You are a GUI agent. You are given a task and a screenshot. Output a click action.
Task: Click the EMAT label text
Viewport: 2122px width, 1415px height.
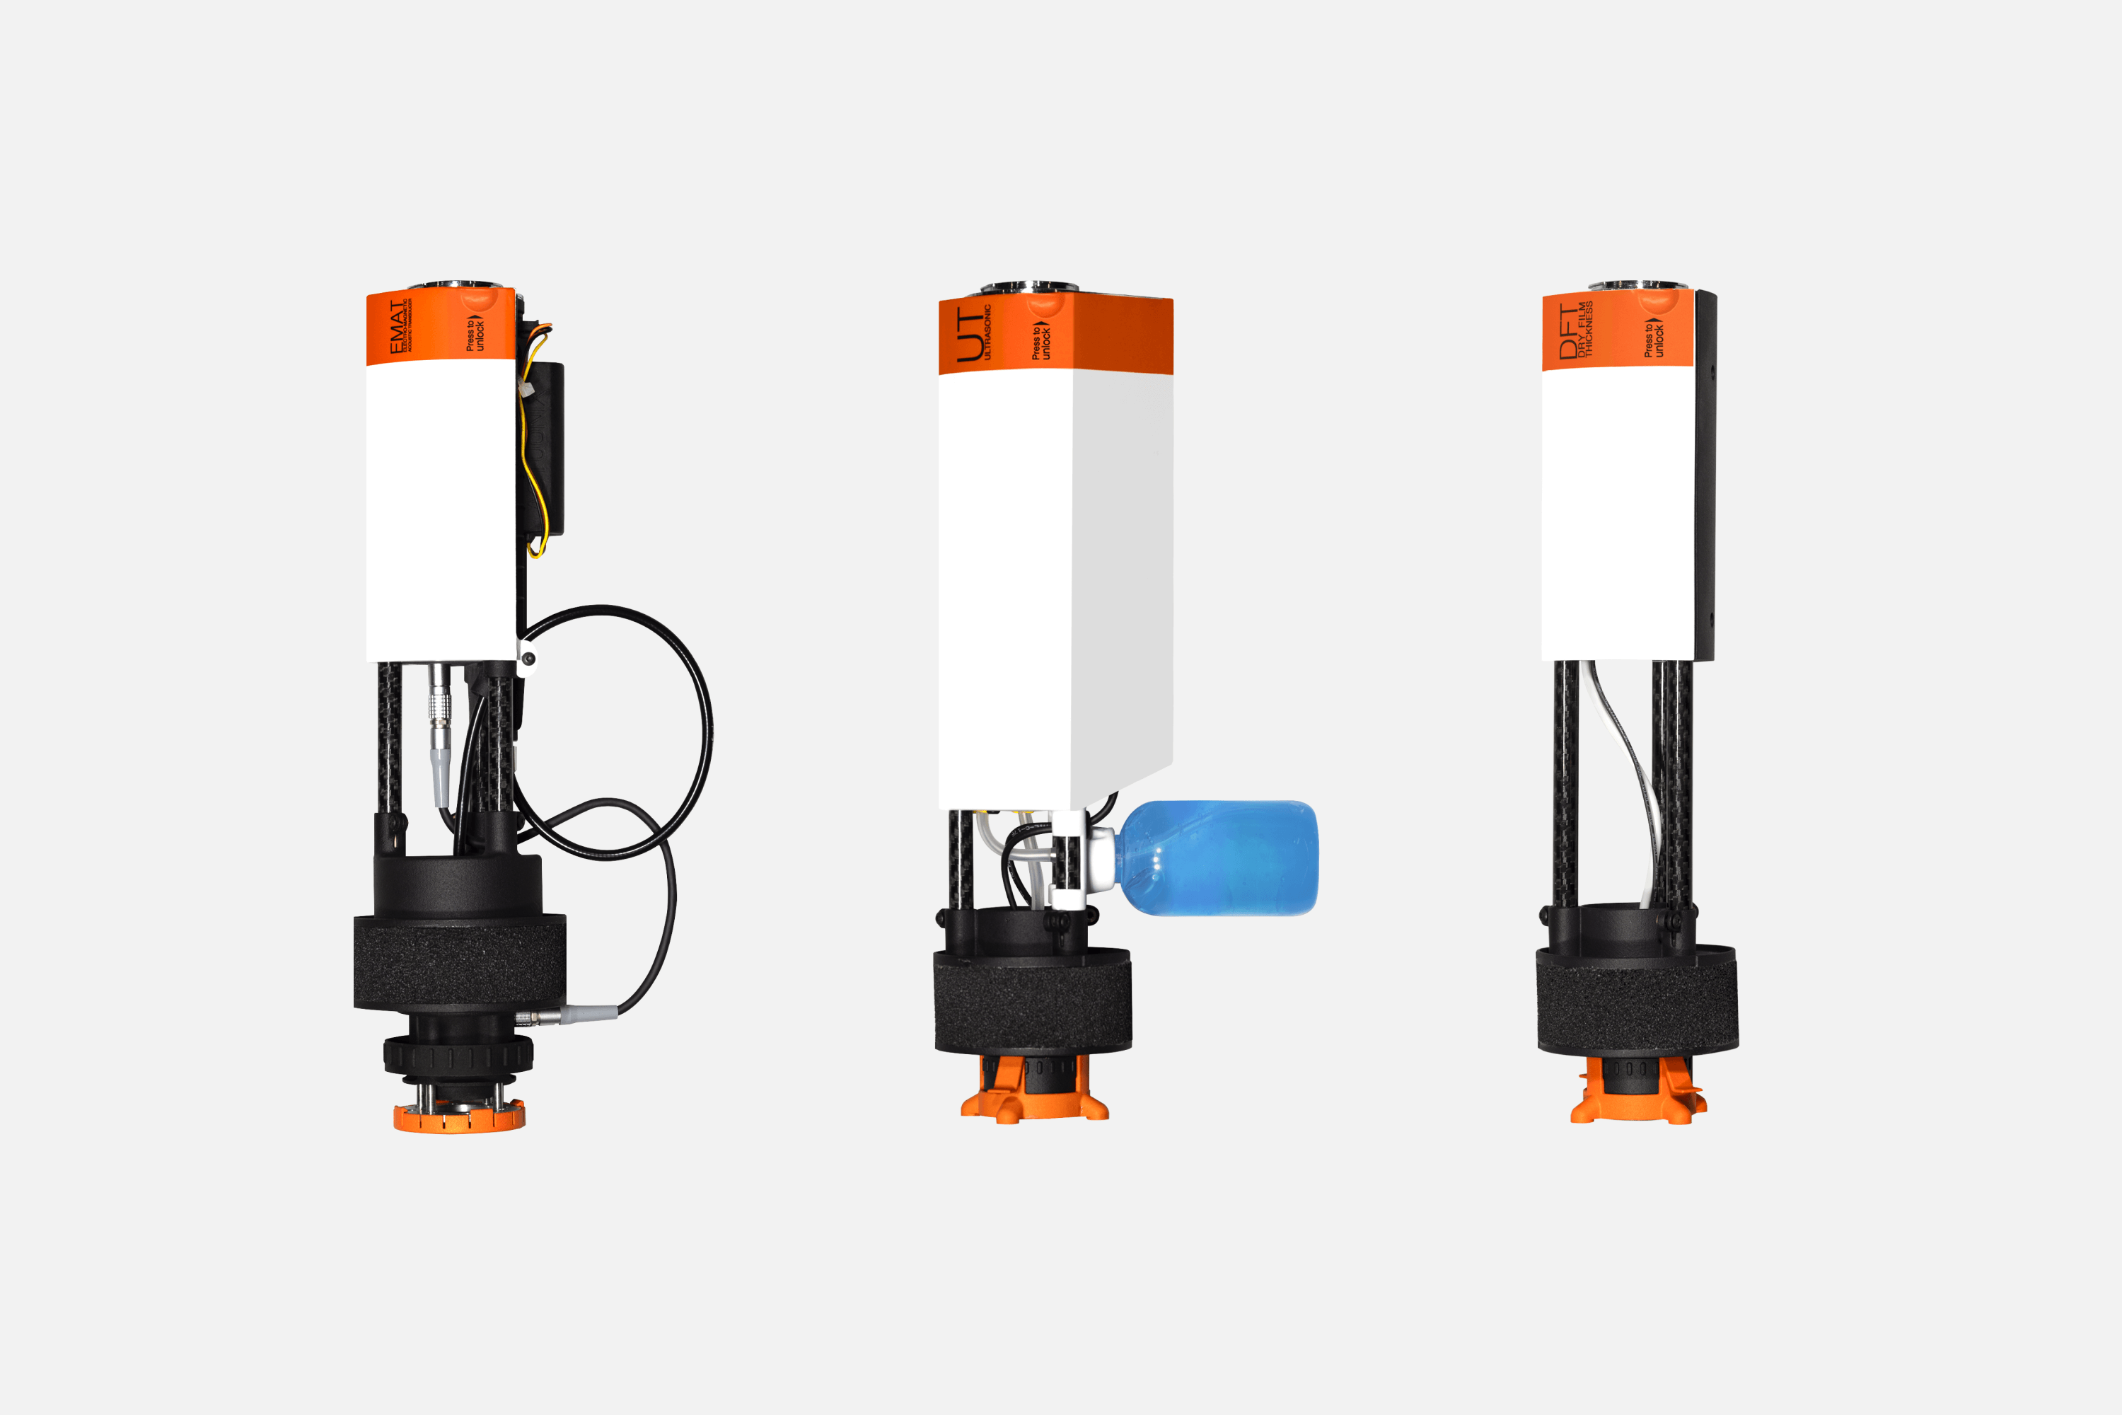(398, 327)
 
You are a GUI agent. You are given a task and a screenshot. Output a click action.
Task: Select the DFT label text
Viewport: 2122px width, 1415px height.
(1569, 332)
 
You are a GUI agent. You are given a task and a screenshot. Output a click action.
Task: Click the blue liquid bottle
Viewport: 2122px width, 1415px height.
(1218, 857)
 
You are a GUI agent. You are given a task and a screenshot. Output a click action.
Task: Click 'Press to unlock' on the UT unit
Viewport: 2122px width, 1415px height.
(1041, 341)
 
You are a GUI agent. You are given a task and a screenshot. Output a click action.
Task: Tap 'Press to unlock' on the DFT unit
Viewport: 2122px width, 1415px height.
(1653, 338)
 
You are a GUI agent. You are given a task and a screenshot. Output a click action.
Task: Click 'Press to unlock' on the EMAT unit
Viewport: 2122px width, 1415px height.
(475, 333)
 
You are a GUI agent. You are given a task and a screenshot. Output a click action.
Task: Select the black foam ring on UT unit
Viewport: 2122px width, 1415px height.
(1032, 1002)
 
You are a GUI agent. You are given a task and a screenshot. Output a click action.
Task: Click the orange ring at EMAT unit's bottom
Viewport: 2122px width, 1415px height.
(458, 1120)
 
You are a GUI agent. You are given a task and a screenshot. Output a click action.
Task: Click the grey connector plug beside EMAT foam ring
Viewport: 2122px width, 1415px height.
(586, 1015)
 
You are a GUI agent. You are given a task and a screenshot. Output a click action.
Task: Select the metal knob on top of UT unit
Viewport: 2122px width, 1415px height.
(1028, 288)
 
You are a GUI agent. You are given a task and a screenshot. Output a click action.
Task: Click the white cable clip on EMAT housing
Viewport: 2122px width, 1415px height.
(526, 657)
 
